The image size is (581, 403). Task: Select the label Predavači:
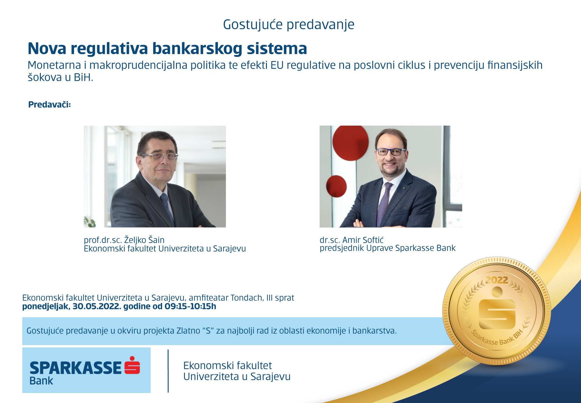click(x=49, y=105)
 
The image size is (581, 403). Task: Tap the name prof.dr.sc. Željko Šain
click(x=124, y=240)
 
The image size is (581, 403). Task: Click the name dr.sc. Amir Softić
click(x=352, y=240)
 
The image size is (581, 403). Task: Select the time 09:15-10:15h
click(x=190, y=306)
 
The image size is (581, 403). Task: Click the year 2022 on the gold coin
click(x=497, y=280)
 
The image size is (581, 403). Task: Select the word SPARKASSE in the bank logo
click(x=76, y=368)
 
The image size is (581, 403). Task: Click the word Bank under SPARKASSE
click(x=41, y=381)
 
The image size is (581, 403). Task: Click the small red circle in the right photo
click(x=336, y=186)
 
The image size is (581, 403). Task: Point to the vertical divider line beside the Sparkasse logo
click(x=168, y=371)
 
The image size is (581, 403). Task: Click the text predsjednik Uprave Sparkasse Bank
click(x=388, y=248)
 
